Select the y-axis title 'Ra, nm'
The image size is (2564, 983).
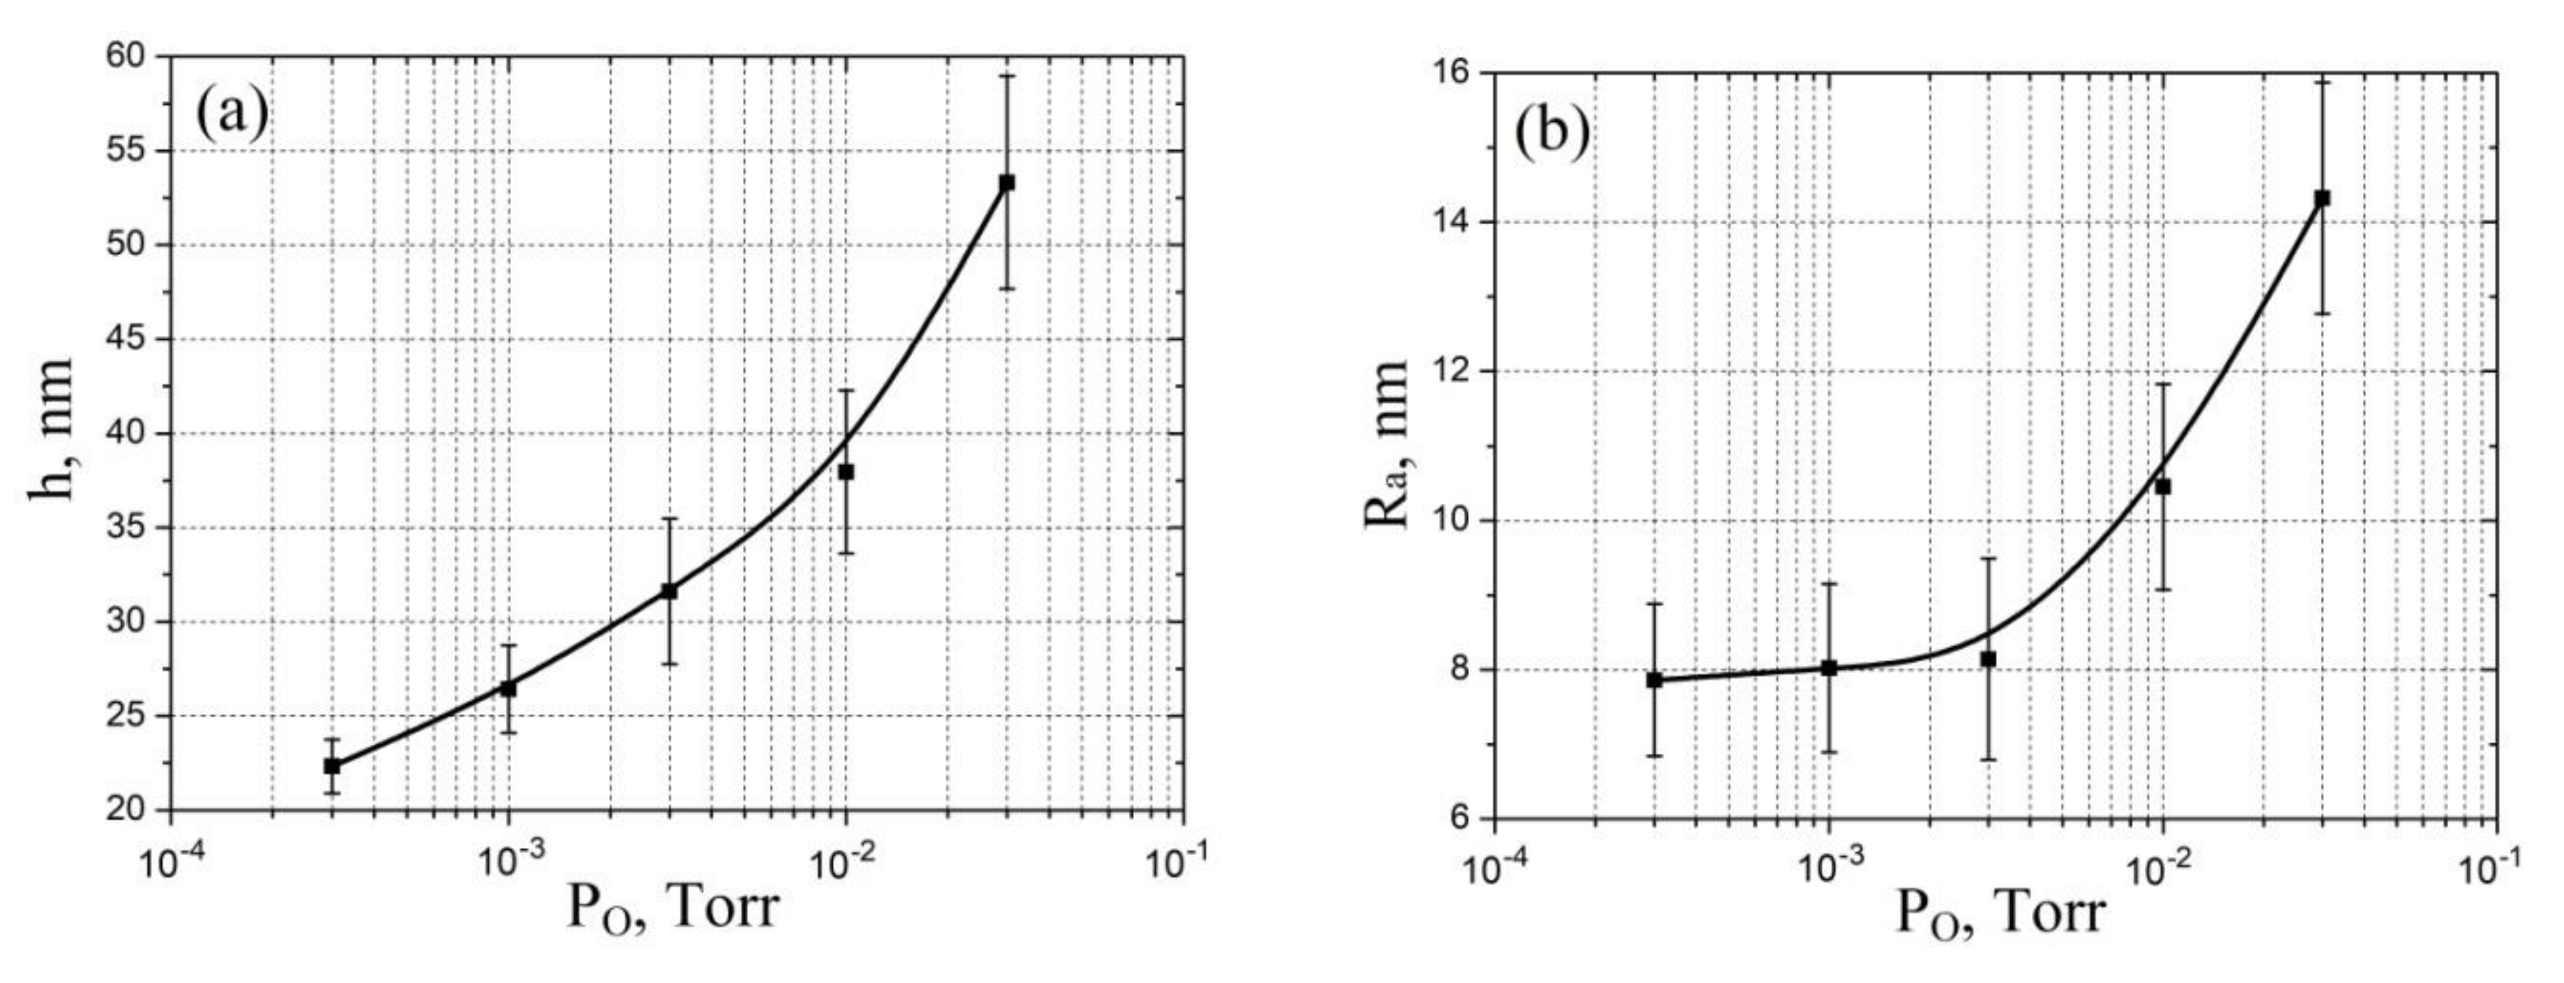[x=1386, y=445]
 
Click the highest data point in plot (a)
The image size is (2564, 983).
[x=1007, y=182]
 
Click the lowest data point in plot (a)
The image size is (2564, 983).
[x=332, y=766]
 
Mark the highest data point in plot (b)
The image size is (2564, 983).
[x=2323, y=198]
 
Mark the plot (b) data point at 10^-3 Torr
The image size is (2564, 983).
[x=1829, y=668]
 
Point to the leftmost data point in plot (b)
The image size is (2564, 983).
[x=1654, y=680]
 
